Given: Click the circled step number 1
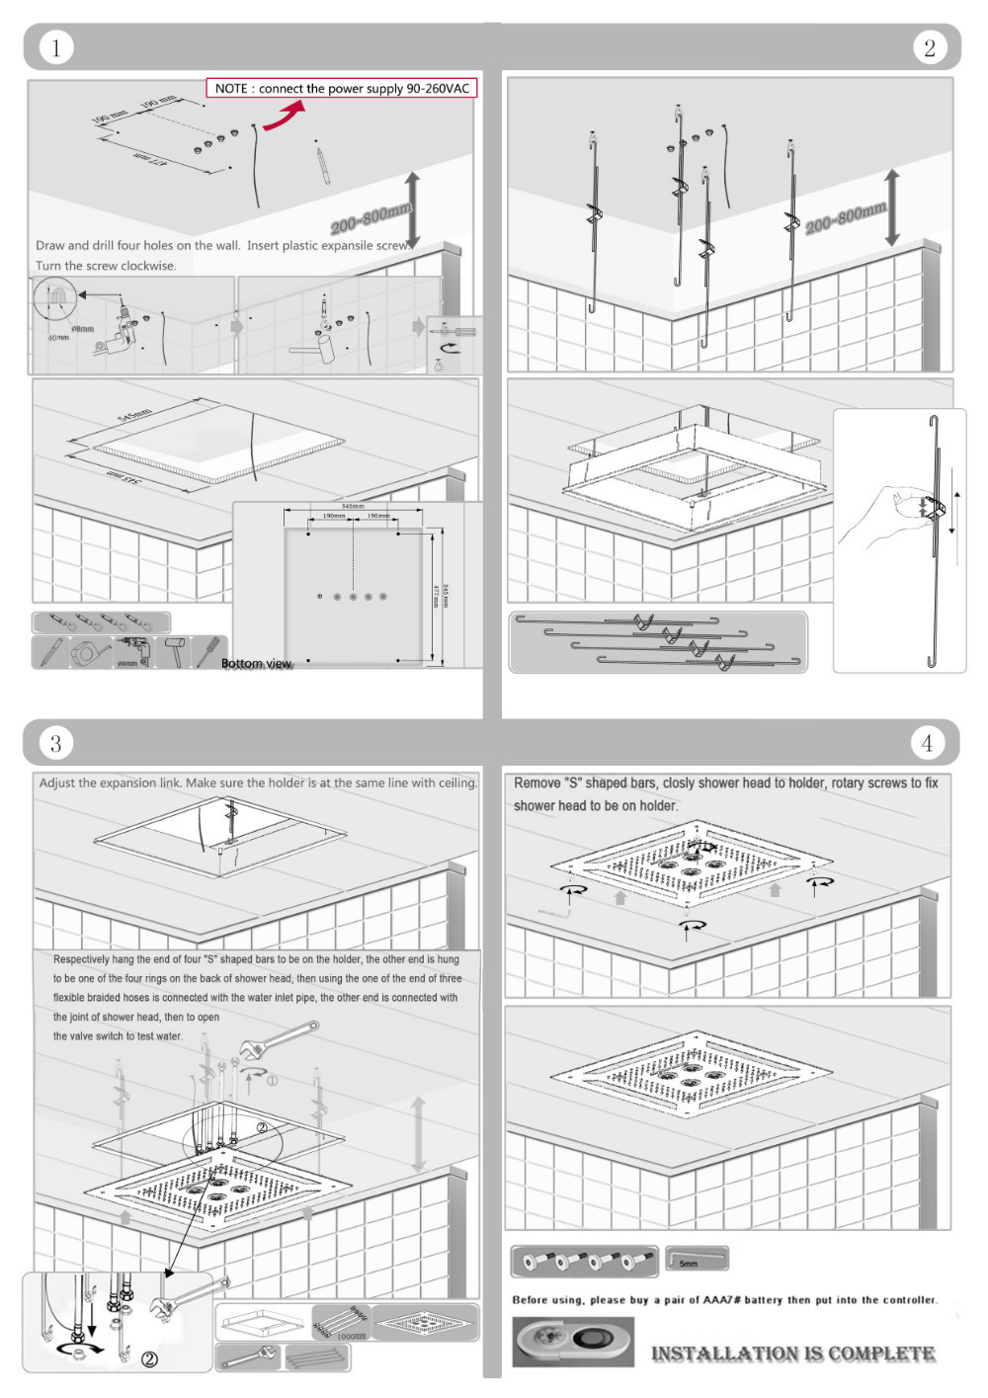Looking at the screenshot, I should coord(56,47).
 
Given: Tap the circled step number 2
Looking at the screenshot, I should coord(929,47).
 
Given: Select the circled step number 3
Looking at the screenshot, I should coord(56,743).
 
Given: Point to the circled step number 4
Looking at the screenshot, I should coord(927,743).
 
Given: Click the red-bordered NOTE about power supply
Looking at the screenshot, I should coord(342,88).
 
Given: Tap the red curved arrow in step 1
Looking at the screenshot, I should coord(283,116).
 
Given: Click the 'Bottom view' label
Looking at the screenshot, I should coord(256,663).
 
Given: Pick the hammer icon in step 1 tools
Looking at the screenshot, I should coord(174,652).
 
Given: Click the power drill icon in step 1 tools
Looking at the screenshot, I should coord(132,652).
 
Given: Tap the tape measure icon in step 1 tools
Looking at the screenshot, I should coord(91,652).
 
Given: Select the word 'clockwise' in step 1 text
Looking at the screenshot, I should coord(147,266).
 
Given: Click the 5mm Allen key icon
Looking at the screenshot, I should coord(697,1259).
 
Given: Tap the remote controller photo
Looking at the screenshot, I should coord(573,1342).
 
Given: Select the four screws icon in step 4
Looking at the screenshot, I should coord(584,1261).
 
